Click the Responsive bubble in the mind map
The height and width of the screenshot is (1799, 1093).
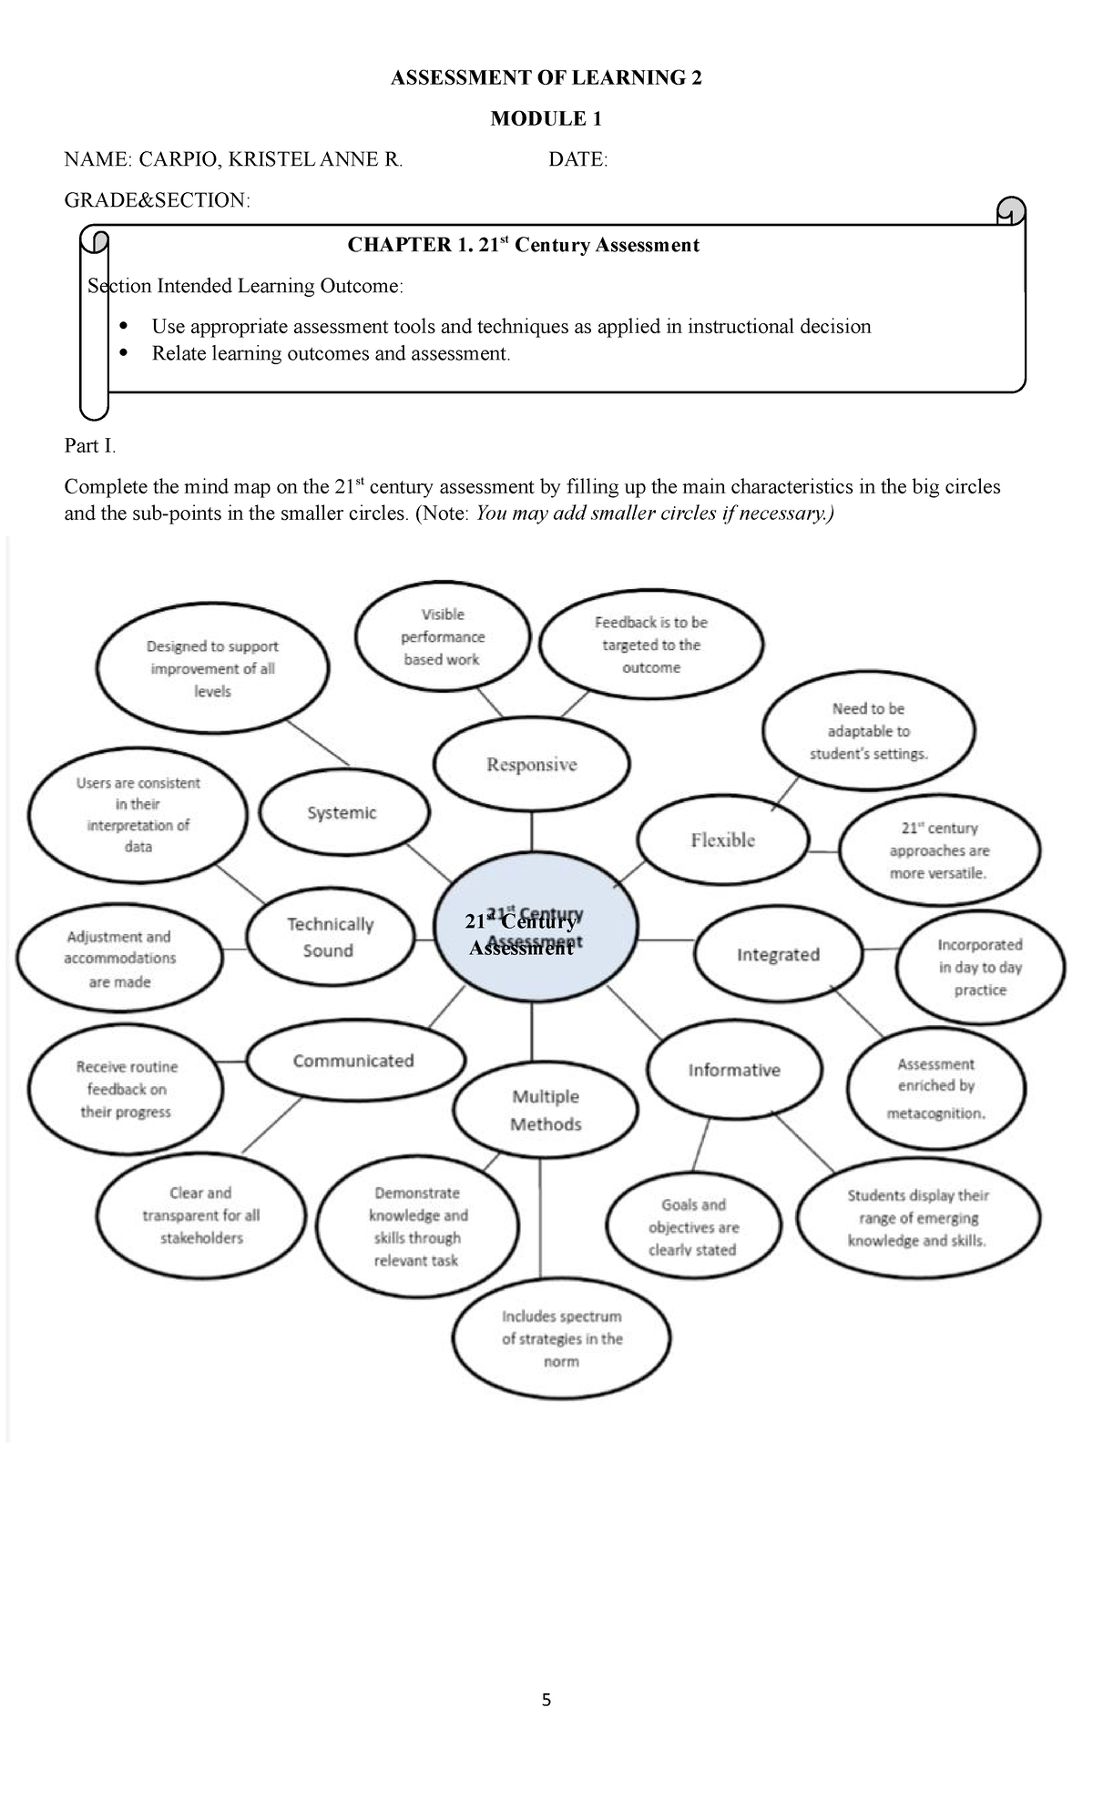point(531,764)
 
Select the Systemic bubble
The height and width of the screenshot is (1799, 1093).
point(342,813)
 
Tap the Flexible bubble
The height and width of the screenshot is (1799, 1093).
point(722,840)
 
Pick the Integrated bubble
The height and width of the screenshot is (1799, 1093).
point(778,954)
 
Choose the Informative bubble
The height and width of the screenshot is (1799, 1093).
point(734,1071)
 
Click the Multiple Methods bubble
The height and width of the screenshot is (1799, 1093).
point(546,1111)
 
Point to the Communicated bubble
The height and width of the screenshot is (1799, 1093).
point(353,1062)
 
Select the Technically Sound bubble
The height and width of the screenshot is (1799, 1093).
point(330,938)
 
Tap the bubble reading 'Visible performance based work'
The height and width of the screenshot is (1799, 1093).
point(443,637)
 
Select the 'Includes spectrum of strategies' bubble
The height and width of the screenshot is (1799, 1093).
point(562,1339)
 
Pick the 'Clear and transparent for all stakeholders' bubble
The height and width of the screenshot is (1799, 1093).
point(201,1215)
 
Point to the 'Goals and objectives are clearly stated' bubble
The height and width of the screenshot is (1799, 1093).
point(694,1227)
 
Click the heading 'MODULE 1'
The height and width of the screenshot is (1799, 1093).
point(546,118)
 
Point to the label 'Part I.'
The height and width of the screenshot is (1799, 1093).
point(90,446)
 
